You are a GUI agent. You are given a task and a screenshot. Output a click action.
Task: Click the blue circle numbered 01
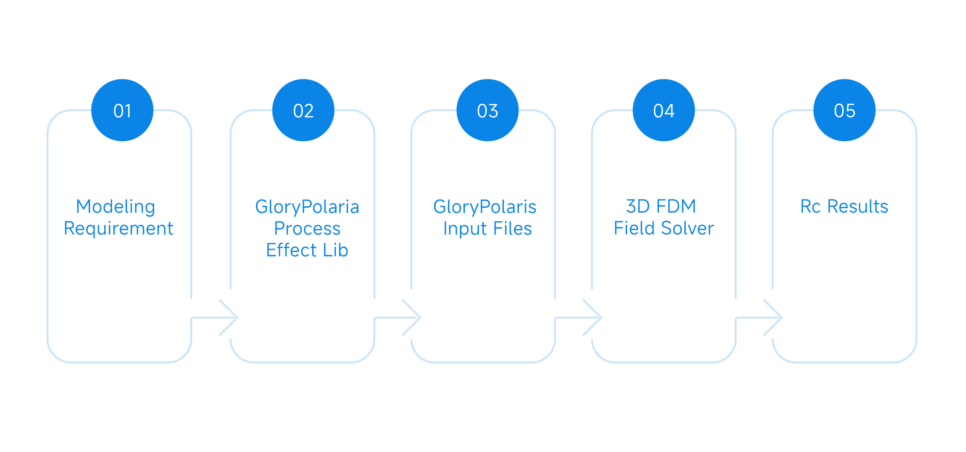[122, 110]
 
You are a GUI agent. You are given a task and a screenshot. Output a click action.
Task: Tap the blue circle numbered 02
[303, 110]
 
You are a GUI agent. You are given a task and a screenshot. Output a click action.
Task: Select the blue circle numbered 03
[488, 110]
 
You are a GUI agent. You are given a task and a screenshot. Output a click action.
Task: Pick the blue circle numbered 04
[664, 110]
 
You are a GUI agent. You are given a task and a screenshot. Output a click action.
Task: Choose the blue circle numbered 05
[844, 110]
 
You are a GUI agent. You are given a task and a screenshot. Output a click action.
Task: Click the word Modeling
[115, 206]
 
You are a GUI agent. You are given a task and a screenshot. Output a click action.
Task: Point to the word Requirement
[118, 229]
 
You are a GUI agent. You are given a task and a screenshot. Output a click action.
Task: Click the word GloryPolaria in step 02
[307, 207]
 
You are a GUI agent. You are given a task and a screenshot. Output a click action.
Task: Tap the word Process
[307, 229]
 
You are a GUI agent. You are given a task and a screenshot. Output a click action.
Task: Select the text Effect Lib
[307, 250]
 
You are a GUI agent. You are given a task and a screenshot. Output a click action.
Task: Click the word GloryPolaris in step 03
[485, 207]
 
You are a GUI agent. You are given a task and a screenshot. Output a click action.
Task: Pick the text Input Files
[488, 229]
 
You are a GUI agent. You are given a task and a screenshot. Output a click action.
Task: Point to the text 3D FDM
[661, 206]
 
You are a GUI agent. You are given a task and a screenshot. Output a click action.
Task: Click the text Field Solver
[664, 228]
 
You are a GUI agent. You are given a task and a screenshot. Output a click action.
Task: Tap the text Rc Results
[844, 206]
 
